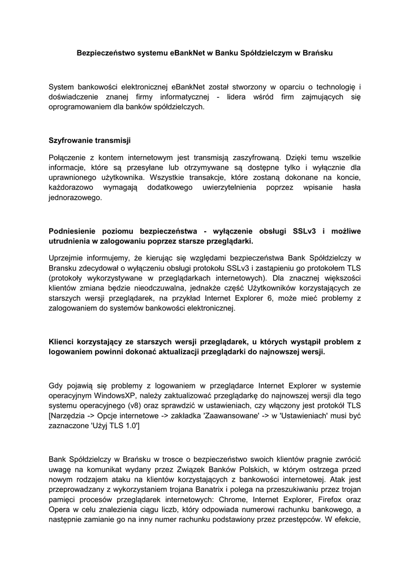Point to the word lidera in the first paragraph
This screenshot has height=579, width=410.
click(x=241, y=97)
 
